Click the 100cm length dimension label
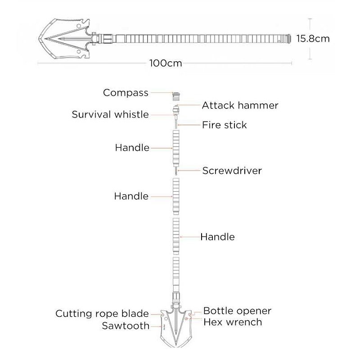pyautogui.click(x=166, y=63)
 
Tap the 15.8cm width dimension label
pyautogui.click(x=313, y=39)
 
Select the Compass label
pyautogui.click(x=126, y=93)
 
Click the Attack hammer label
pyautogui.click(x=240, y=105)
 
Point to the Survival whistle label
pyautogui.click(x=110, y=114)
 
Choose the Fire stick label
pyautogui.click(x=224, y=125)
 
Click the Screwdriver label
pyautogui.click(x=232, y=171)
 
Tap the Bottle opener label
pyautogui.click(x=238, y=311)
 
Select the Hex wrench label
pyautogui.click(x=233, y=322)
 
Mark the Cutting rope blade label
pyautogui.click(x=102, y=314)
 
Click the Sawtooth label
pyautogui.click(x=126, y=326)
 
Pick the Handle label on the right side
pyautogui.click(x=217, y=237)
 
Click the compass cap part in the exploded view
pyautogui.click(x=176, y=96)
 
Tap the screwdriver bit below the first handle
pyautogui.click(x=176, y=171)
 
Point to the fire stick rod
pyautogui.click(x=176, y=123)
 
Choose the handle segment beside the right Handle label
pyautogui.click(x=176, y=236)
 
